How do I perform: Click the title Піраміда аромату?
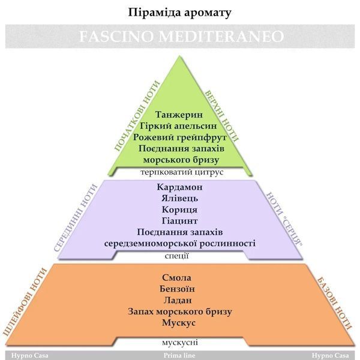[x=179, y=13]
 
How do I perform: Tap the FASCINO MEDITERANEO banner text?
[x=181, y=36]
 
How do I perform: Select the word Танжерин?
[x=179, y=115]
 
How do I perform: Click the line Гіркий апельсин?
[x=178, y=126]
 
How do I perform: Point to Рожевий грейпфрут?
[x=180, y=137]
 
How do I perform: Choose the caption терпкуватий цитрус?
[x=182, y=172]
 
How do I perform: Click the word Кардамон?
[x=180, y=187]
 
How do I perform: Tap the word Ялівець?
[x=179, y=198]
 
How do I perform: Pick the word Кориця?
[x=179, y=209]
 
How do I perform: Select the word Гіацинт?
[x=179, y=221]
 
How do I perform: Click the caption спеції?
[x=177, y=256]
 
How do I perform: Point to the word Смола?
[x=176, y=278]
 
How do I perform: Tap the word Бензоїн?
[x=177, y=289]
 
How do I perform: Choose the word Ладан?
[x=178, y=301]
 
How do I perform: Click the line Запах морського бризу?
[x=180, y=311]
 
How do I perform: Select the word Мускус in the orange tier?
[x=179, y=323]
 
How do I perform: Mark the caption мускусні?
[x=180, y=343]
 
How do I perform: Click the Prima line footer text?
[x=179, y=355]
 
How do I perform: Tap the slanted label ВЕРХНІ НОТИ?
[x=222, y=115]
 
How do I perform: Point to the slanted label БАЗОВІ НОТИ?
[x=334, y=304]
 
